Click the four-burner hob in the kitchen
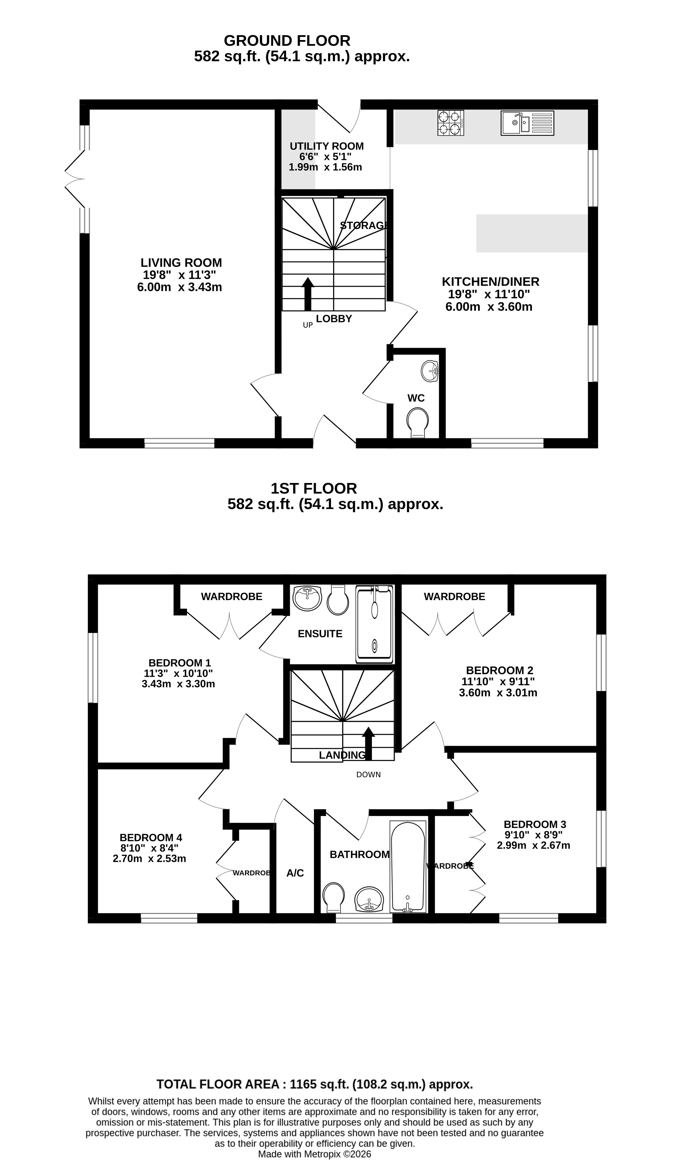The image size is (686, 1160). pyautogui.click(x=451, y=123)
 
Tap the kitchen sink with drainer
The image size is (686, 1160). pyautogui.click(x=527, y=123)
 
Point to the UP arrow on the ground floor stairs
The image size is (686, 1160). pyautogui.click(x=307, y=294)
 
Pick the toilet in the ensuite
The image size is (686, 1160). pyautogui.click(x=338, y=600)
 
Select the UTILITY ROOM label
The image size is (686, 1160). pyautogui.click(x=327, y=146)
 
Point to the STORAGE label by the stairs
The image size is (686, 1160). pyautogui.click(x=364, y=225)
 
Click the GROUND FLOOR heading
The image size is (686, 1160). pyautogui.click(x=287, y=41)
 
